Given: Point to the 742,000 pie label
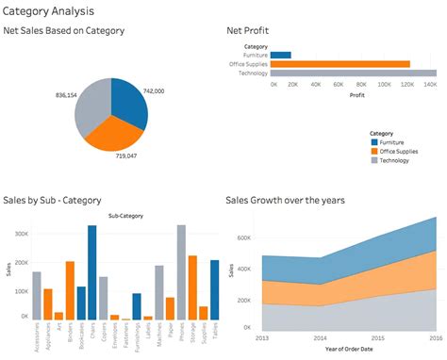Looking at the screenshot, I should [154, 91].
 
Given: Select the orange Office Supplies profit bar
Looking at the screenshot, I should [340, 64].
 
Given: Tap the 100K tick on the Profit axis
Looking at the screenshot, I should [386, 84].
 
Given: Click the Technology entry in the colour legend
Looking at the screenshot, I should [396, 161].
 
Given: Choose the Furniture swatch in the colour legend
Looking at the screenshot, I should [375, 142].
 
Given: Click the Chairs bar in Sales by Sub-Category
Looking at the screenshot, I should [92, 273].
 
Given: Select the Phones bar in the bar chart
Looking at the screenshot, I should [181, 273].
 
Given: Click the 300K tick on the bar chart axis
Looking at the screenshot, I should [23, 231].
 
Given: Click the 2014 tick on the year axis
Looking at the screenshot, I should [322, 337].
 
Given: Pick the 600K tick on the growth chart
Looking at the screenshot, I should [244, 238].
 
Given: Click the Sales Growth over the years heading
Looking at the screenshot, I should [286, 200].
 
